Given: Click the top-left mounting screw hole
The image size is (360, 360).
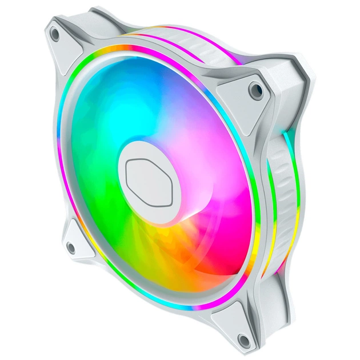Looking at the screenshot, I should coord(55,34).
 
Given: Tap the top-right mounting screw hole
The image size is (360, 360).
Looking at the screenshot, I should coord(256,90).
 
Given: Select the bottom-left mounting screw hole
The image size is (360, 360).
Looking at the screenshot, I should coord(71,248).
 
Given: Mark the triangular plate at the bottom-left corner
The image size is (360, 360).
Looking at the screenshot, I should coord(77,240).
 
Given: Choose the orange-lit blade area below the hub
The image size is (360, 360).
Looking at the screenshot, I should coord(166,246).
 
